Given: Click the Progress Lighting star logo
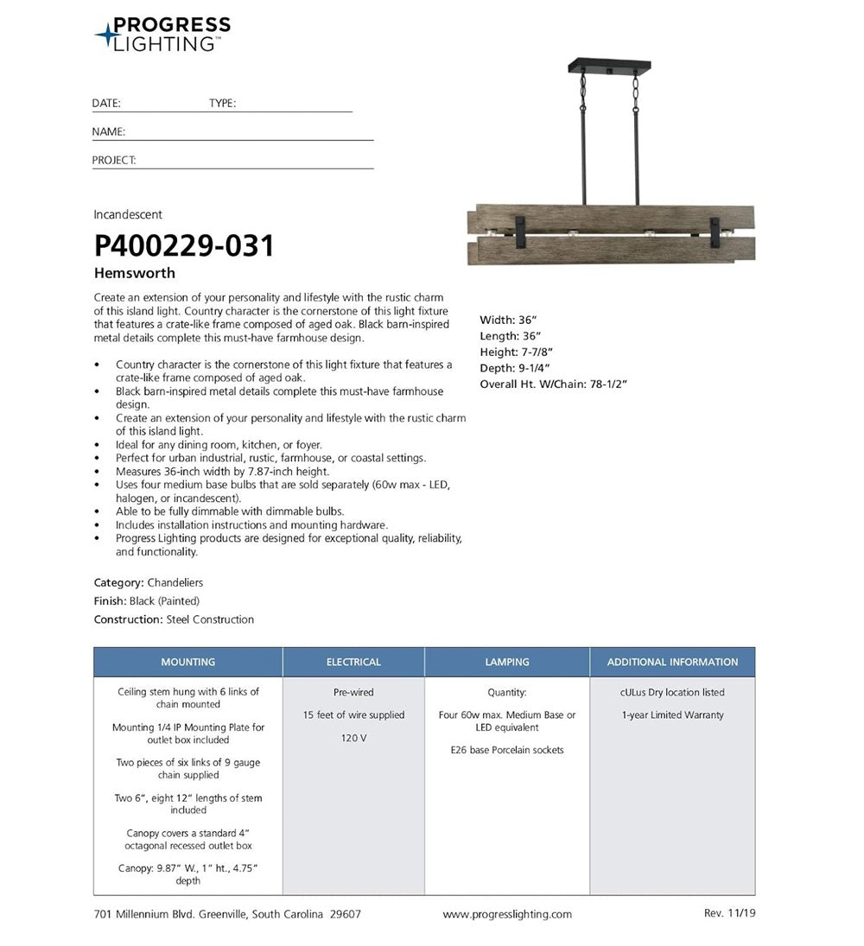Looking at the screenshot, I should tap(106, 35).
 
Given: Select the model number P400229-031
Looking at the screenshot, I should tap(184, 246).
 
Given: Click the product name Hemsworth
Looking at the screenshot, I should tap(134, 273).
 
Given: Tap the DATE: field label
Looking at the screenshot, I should tap(106, 104).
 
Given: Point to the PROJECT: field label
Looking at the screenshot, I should tap(114, 161).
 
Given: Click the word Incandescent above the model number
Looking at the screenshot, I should tap(128, 214).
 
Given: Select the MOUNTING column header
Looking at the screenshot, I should tap(187, 662).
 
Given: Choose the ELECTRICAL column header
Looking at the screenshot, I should tap(353, 662).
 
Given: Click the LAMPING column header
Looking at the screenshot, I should tap(507, 662).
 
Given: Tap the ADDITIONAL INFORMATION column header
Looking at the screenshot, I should tap(672, 662).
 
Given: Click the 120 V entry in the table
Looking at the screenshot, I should tap(353, 738).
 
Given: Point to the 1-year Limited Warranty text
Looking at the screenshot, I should tap(672, 715).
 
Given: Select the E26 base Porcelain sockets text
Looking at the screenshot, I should tap(507, 750).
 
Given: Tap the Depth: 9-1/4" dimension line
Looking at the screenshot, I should tap(515, 368).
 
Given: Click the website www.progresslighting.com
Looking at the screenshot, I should tap(507, 914).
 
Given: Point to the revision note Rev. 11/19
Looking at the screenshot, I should tap(730, 913).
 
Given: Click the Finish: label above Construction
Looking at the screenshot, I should tap(110, 601).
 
